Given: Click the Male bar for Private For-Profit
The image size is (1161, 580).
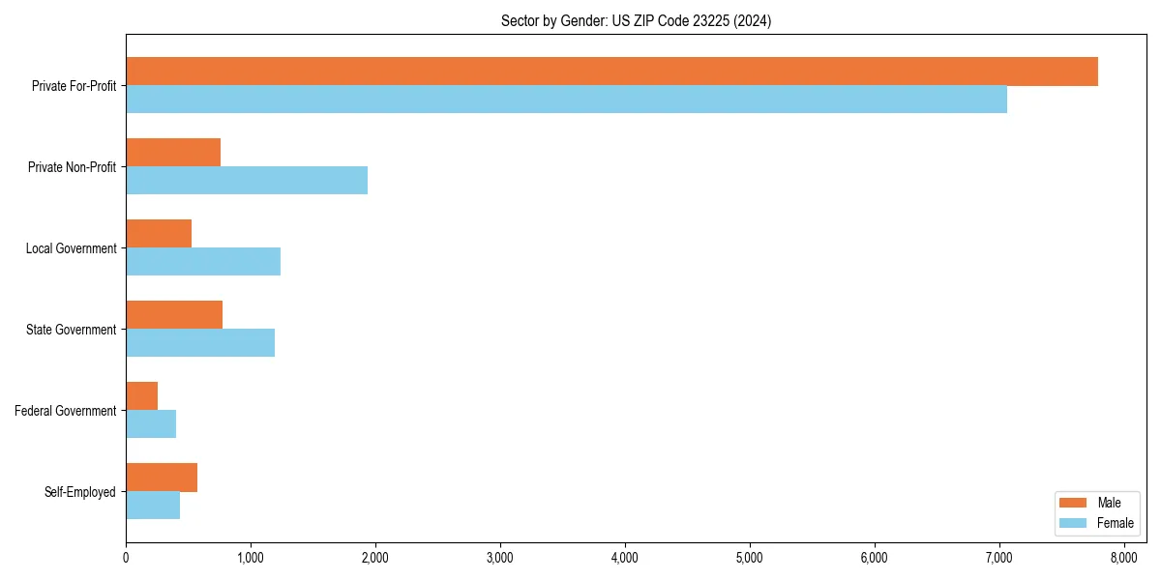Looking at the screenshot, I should pyautogui.click(x=611, y=72).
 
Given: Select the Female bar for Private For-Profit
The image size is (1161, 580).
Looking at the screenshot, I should pyautogui.click(x=566, y=99).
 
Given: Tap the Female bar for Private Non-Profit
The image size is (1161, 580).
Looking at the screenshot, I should pyautogui.click(x=247, y=180).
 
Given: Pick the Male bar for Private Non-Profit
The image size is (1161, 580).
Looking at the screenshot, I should pyautogui.click(x=173, y=153).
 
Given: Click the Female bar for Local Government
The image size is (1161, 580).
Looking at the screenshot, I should pyautogui.click(x=203, y=261).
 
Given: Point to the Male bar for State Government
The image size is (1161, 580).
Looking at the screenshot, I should pyautogui.click(x=174, y=315).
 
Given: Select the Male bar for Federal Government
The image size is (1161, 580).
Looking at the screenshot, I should pyautogui.click(x=141, y=396).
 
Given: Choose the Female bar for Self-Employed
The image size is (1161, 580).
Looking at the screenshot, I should pyautogui.click(x=153, y=505).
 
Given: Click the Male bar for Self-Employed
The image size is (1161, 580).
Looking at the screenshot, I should pyautogui.click(x=162, y=478).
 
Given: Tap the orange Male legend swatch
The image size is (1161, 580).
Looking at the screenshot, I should pyautogui.click(x=1074, y=503).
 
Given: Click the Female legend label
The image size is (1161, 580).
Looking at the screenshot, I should pyautogui.click(x=1115, y=523).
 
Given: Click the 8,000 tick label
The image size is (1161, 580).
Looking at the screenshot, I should pyautogui.click(x=1123, y=558).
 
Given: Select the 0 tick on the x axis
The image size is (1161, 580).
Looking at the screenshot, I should pyautogui.click(x=126, y=558).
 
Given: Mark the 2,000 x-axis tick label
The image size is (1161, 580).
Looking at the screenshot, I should pyautogui.click(x=375, y=558).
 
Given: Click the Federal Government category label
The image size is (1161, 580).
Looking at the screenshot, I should pyautogui.click(x=66, y=411).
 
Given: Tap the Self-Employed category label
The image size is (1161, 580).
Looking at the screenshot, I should pyautogui.click(x=80, y=492).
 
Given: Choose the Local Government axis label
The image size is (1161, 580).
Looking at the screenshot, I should pyautogui.click(x=72, y=248).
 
